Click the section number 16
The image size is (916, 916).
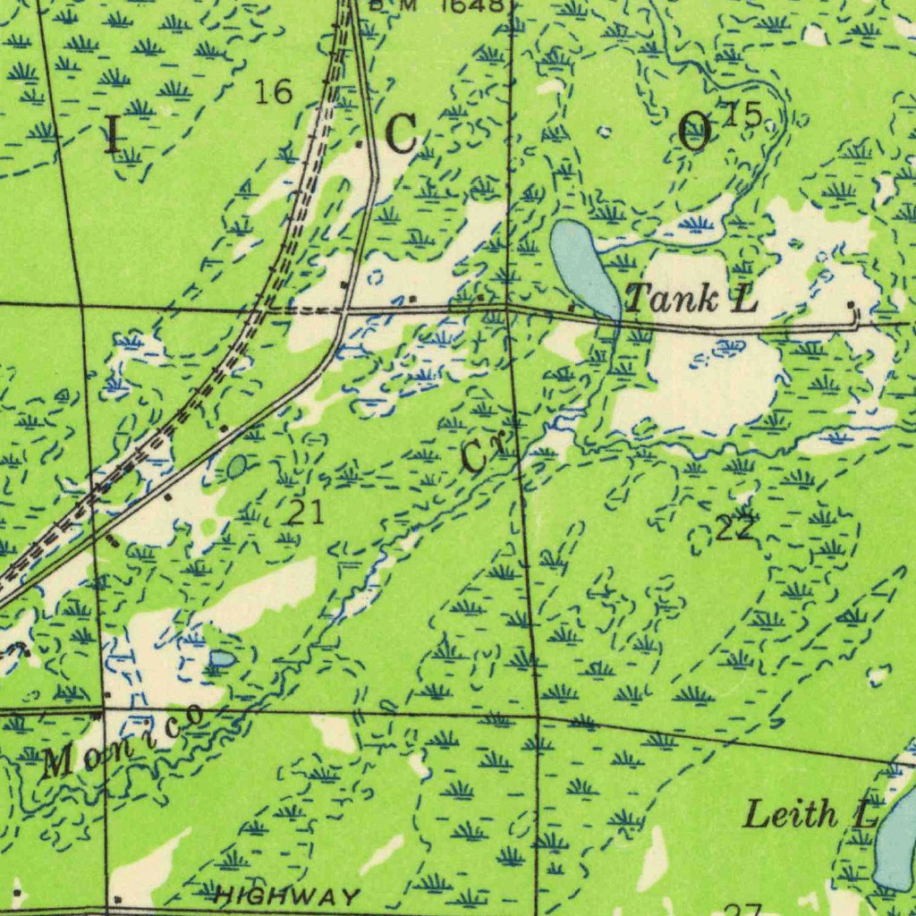273,91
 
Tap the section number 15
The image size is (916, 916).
744,114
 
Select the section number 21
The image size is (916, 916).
305,513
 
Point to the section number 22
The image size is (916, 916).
735,528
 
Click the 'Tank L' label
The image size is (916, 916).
691,299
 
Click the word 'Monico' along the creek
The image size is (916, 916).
123,739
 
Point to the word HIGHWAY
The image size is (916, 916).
289,895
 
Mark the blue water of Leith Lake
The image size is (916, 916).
896,841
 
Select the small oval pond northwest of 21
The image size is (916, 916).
237,466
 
